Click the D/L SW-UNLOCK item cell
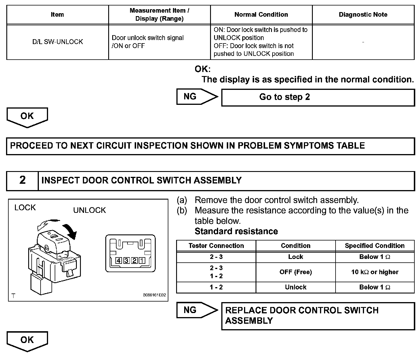point(58,42)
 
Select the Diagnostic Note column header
point(363,15)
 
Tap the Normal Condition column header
point(261,15)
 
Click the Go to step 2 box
point(318,97)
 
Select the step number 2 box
point(22,181)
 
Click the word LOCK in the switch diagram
point(25,208)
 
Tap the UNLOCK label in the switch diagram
point(89,210)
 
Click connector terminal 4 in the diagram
point(119,261)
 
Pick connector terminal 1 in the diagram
point(142,261)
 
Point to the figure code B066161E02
point(154,295)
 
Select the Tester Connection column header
point(216,246)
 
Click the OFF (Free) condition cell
point(296,272)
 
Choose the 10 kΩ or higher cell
point(375,272)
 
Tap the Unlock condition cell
point(296,287)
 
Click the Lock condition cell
point(296,257)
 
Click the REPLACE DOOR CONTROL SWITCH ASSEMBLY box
point(318,316)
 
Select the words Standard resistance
point(236,231)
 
